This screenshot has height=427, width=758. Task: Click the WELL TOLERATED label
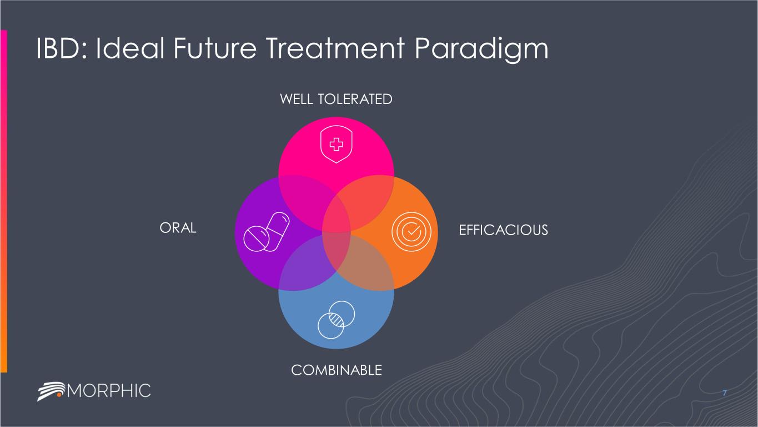click(x=336, y=99)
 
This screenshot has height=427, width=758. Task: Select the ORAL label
click(x=178, y=229)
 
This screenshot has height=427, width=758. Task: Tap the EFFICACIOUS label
click(x=503, y=230)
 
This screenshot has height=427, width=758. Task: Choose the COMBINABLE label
click(x=337, y=370)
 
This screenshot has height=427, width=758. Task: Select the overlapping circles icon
click(x=335, y=319)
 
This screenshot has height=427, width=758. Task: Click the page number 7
click(x=725, y=394)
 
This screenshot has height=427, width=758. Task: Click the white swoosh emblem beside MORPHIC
click(x=51, y=390)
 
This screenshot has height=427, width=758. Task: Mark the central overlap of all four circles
click(x=336, y=232)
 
